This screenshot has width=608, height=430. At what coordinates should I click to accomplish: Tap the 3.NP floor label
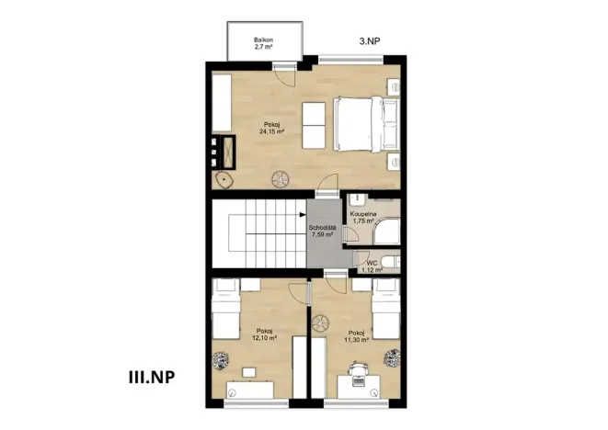click(372, 41)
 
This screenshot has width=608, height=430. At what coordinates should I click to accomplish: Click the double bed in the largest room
click(365, 125)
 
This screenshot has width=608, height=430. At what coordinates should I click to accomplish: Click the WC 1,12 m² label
click(371, 266)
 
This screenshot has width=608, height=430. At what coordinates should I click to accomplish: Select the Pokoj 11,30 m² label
click(355, 336)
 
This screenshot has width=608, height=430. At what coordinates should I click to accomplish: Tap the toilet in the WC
click(390, 266)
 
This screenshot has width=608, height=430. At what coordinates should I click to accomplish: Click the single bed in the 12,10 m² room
click(224, 310)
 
